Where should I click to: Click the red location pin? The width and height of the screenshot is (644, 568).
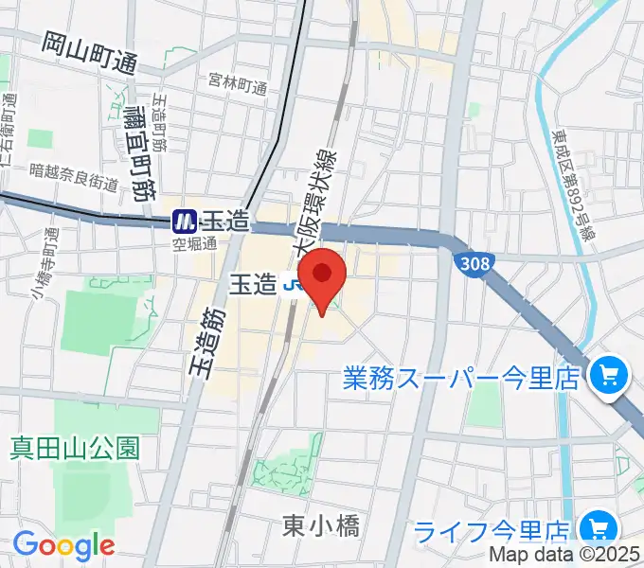[323, 275]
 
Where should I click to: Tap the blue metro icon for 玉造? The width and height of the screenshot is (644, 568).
[184, 222]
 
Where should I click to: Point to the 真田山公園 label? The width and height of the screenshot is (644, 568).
[76, 447]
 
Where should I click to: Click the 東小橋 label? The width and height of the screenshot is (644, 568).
[321, 526]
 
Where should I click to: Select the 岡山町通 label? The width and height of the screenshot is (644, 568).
[91, 53]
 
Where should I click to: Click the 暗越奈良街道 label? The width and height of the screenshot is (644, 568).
[74, 177]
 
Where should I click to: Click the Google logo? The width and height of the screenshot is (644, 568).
[63, 545]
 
